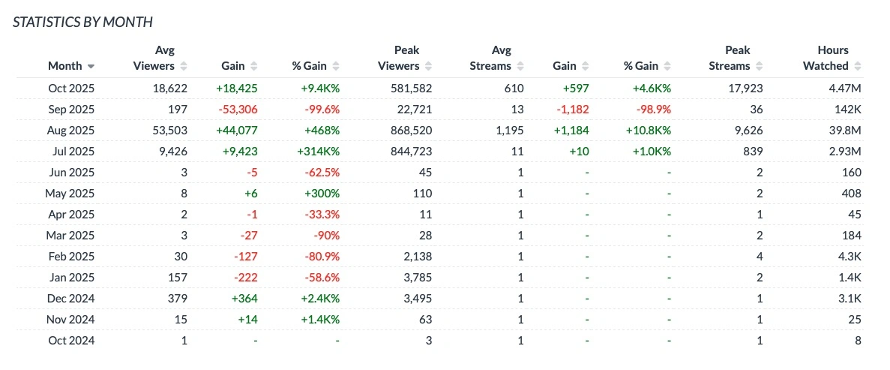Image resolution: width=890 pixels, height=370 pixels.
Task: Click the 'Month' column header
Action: click(x=64, y=66)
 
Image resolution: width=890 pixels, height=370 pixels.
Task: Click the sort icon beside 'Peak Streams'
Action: click(x=758, y=66)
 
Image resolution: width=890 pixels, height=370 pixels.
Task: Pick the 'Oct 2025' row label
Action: click(x=71, y=88)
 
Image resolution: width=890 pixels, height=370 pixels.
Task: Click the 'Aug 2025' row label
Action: click(x=71, y=130)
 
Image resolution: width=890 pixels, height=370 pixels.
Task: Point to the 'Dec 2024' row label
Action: click(x=71, y=298)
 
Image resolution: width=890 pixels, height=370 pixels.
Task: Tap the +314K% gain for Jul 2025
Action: click(x=316, y=151)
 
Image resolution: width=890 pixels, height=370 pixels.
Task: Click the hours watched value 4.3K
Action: click(x=850, y=256)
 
